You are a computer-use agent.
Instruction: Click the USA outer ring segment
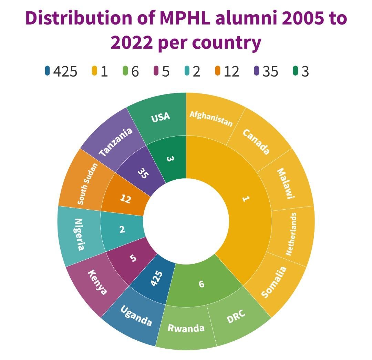pyautogui.click(x=161, y=117)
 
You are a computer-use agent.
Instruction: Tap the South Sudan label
pyautogui.click(x=87, y=184)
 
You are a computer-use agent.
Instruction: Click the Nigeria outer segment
pyautogui.click(x=79, y=234)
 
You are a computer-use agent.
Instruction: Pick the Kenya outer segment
pyautogui.click(x=97, y=282)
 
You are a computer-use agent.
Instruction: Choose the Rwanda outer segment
pyautogui.click(x=186, y=327)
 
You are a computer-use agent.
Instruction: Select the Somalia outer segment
pyautogui.click(x=274, y=282)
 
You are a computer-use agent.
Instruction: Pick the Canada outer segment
pyautogui.click(x=256, y=141)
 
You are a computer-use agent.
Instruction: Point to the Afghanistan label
pyautogui.click(x=211, y=118)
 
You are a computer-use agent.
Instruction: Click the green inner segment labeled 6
pyautogui.click(x=202, y=283)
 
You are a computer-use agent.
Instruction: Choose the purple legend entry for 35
pyautogui.click(x=266, y=71)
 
